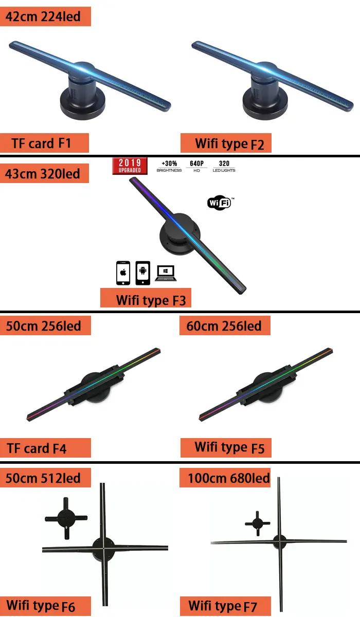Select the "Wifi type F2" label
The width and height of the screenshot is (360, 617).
coord(226,143)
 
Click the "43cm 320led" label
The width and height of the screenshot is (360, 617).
coord(44,173)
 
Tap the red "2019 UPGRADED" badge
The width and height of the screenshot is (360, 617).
coord(130,166)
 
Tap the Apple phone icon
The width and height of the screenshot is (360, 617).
coord(122,273)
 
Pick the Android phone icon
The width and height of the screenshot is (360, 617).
coord(142,273)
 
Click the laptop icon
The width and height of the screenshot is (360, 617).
coord(166,273)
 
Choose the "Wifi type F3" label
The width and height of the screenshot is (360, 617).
coord(146,299)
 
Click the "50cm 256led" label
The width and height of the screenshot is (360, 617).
coord(45,325)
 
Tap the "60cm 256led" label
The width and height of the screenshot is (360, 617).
coord(225,325)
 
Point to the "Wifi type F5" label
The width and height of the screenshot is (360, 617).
coord(226,447)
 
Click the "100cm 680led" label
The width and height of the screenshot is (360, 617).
coord(226,478)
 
